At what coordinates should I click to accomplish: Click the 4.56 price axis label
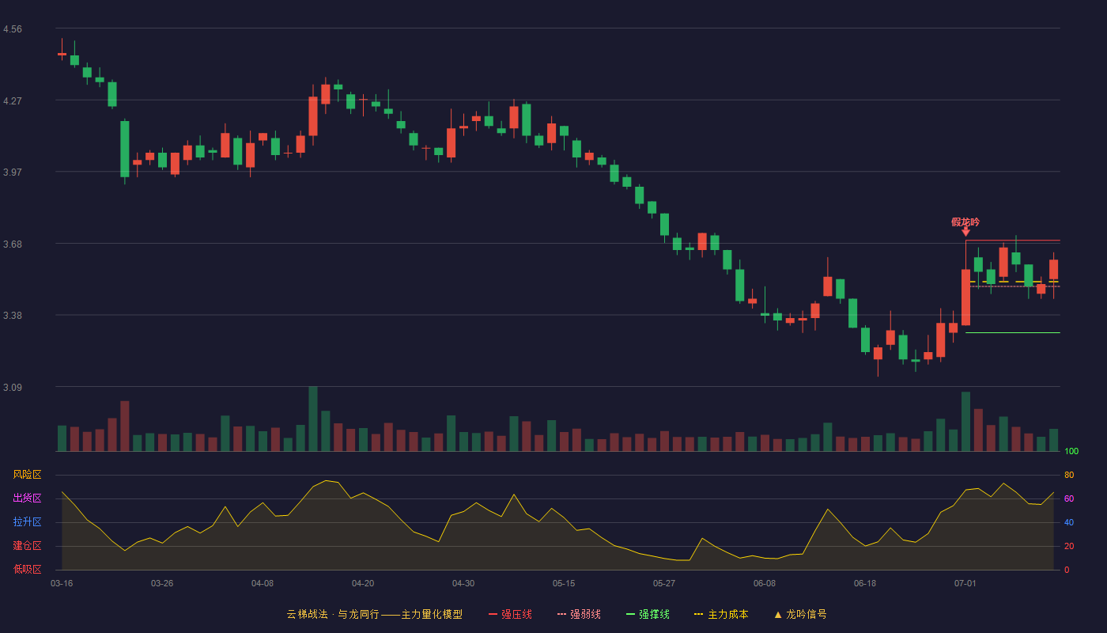13,29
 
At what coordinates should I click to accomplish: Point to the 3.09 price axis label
13,387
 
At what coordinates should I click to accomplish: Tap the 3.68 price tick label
13,244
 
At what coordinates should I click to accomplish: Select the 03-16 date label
62,584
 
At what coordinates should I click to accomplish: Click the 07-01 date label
965,584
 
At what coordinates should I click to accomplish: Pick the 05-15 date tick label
564,584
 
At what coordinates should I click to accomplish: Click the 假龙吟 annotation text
965,222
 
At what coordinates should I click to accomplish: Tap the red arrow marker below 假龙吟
965,232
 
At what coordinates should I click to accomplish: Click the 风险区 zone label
27,475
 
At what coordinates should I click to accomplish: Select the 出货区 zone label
27,498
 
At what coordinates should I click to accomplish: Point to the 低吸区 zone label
27,569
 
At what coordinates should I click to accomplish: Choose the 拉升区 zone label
27,521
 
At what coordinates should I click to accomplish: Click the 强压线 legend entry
510,614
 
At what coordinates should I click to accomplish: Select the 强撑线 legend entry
648,614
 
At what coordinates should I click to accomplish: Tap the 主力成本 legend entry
721,614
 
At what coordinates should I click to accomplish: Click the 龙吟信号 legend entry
800,614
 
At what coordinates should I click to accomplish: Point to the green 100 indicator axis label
1071,451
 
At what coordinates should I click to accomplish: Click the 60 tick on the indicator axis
1069,498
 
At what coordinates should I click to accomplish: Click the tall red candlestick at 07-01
965,298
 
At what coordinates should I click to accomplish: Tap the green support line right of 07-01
1013,333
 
